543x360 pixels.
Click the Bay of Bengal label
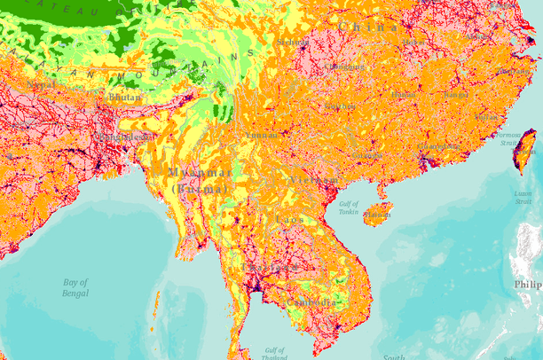click(x=75, y=287)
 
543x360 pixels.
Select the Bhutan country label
click(x=123, y=97)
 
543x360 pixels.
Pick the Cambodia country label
click(x=311, y=302)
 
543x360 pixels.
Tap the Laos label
click(x=289, y=219)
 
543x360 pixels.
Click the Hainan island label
click(x=378, y=214)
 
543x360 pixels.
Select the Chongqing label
click(x=342, y=67)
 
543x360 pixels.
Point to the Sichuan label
click(x=292, y=41)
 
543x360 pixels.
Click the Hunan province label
click(x=403, y=93)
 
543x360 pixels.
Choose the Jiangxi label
click(x=455, y=94)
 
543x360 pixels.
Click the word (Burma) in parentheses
click(x=198, y=189)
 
